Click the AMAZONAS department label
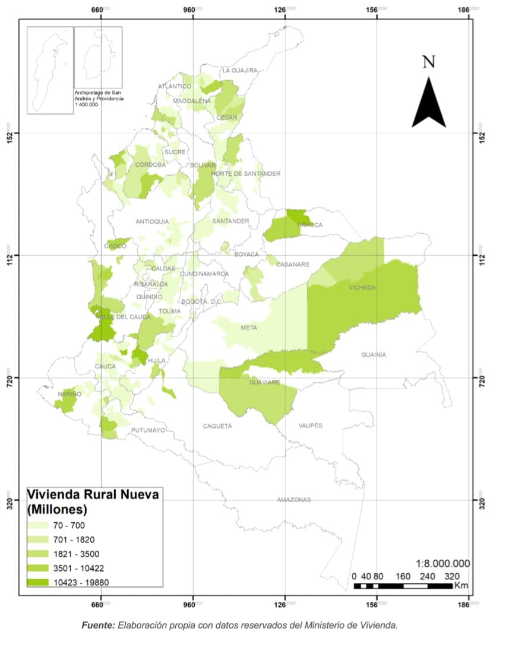pyautogui.click(x=293, y=500)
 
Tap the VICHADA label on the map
pyautogui.click(x=362, y=287)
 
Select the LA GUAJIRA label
pyautogui.click(x=240, y=70)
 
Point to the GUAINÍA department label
pyautogui.click(x=374, y=354)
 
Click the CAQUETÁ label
pyautogui.click(x=217, y=426)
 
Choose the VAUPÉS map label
pyautogui.click(x=310, y=426)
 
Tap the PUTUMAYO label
pyautogui.click(x=148, y=430)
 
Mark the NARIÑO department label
pyautogui.click(x=69, y=394)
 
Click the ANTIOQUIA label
pyautogui.click(x=152, y=221)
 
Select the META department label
pyautogui.click(x=249, y=328)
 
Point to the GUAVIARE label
pyautogui.click(x=264, y=382)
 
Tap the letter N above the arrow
pyautogui.click(x=429, y=62)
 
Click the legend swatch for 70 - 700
pyautogui.click(x=39, y=525)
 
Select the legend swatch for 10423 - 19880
pyautogui.click(x=39, y=582)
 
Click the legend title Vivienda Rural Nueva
pyautogui.click(x=93, y=495)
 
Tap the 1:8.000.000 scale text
pyautogui.click(x=442, y=563)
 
